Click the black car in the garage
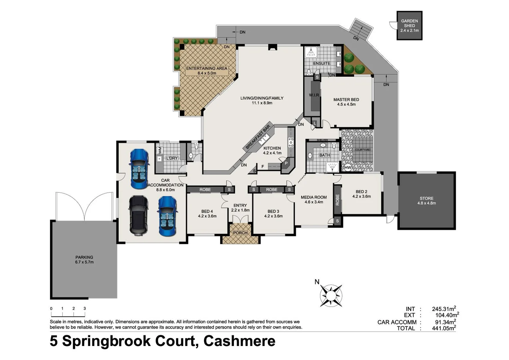click(139, 215)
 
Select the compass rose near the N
click(331, 295)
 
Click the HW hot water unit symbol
click(348, 167)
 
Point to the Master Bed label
click(346, 100)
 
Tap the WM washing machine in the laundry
click(160, 150)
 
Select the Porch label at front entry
click(240, 233)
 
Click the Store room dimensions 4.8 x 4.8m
click(426, 203)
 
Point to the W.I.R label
click(314, 95)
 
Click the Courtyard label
click(362, 150)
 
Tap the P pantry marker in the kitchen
click(286, 163)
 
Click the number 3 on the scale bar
click(85, 309)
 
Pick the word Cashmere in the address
click(239, 341)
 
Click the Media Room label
click(313, 197)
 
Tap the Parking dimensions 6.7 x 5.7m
click(84, 262)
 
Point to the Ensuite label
click(321, 63)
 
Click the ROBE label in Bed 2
click(337, 200)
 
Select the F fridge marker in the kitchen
click(262, 166)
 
